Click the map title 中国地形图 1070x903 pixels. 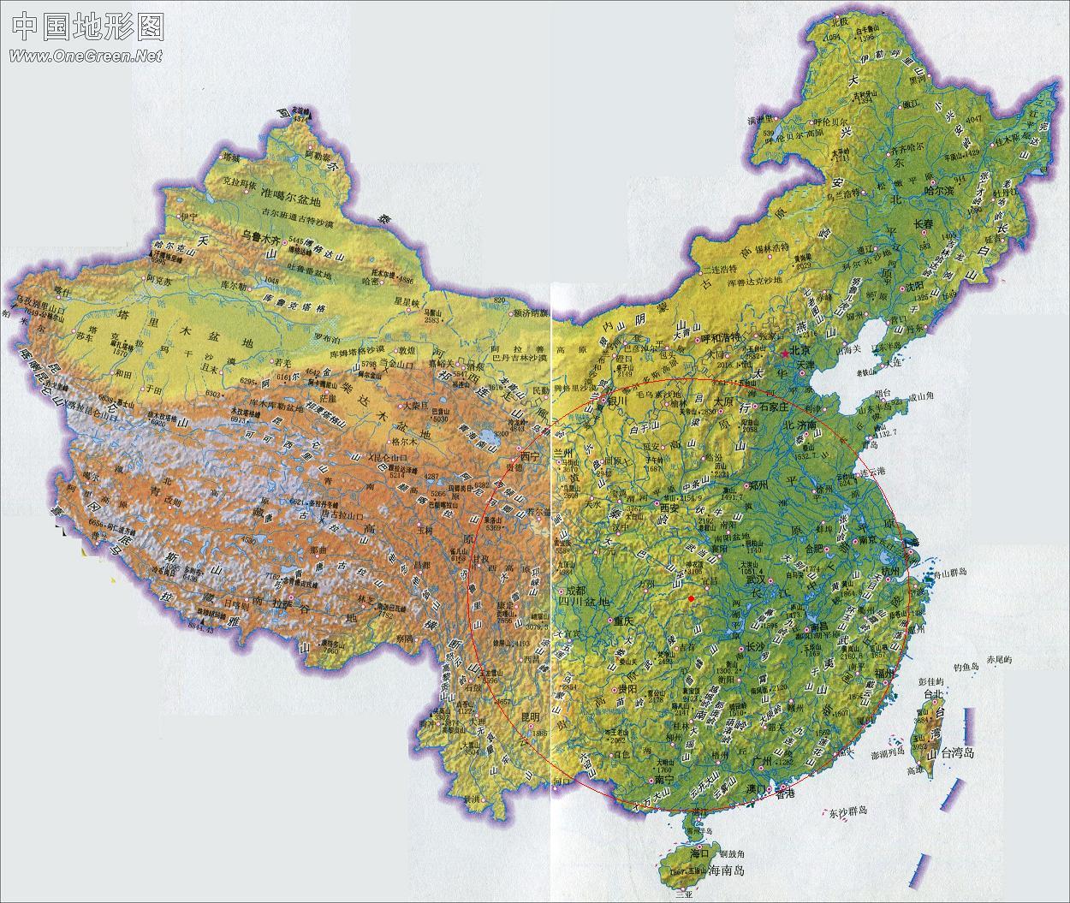[87, 27]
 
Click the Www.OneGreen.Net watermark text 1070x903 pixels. [86, 56]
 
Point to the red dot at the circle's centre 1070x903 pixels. [691, 598]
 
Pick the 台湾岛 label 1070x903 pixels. [958, 753]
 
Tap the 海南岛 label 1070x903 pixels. [728, 871]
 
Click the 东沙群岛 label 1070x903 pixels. [847, 811]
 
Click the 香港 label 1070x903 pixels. [786, 793]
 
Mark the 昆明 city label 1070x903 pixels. [531, 716]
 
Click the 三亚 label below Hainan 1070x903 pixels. [682, 895]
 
